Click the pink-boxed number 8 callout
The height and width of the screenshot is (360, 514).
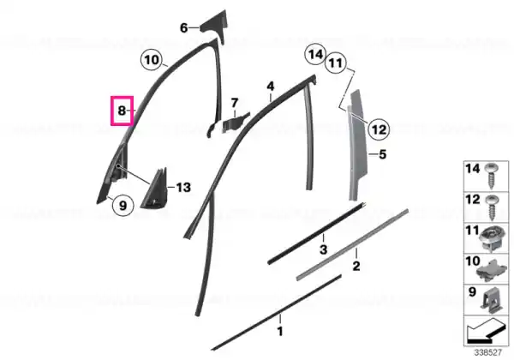[x=122, y=111]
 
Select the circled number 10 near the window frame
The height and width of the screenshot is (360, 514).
[x=151, y=60]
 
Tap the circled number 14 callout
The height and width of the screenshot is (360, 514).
[x=315, y=54]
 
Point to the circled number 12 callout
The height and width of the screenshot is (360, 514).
[x=379, y=129]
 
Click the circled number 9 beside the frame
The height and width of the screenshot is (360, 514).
[x=123, y=206]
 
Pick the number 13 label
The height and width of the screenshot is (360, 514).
[x=183, y=188]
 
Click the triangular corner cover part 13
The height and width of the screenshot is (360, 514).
[x=155, y=189]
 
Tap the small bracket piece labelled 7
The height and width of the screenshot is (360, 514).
[x=236, y=123]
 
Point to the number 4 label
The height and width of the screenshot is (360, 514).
[x=270, y=87]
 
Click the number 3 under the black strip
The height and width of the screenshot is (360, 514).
[x=323, y=249]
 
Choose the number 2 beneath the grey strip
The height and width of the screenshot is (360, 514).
[x=356, y=266]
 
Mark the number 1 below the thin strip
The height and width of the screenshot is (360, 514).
[x=280, y=331]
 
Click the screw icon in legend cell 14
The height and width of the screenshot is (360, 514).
[x=492, y=176]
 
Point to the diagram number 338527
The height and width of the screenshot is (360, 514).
[x=488, y=353]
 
